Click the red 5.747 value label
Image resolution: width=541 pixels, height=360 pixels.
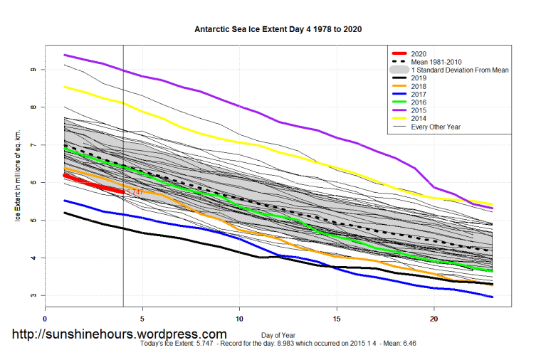click(x=135, y=192)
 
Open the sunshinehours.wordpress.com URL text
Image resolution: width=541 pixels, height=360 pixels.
click(x=120, y=334)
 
